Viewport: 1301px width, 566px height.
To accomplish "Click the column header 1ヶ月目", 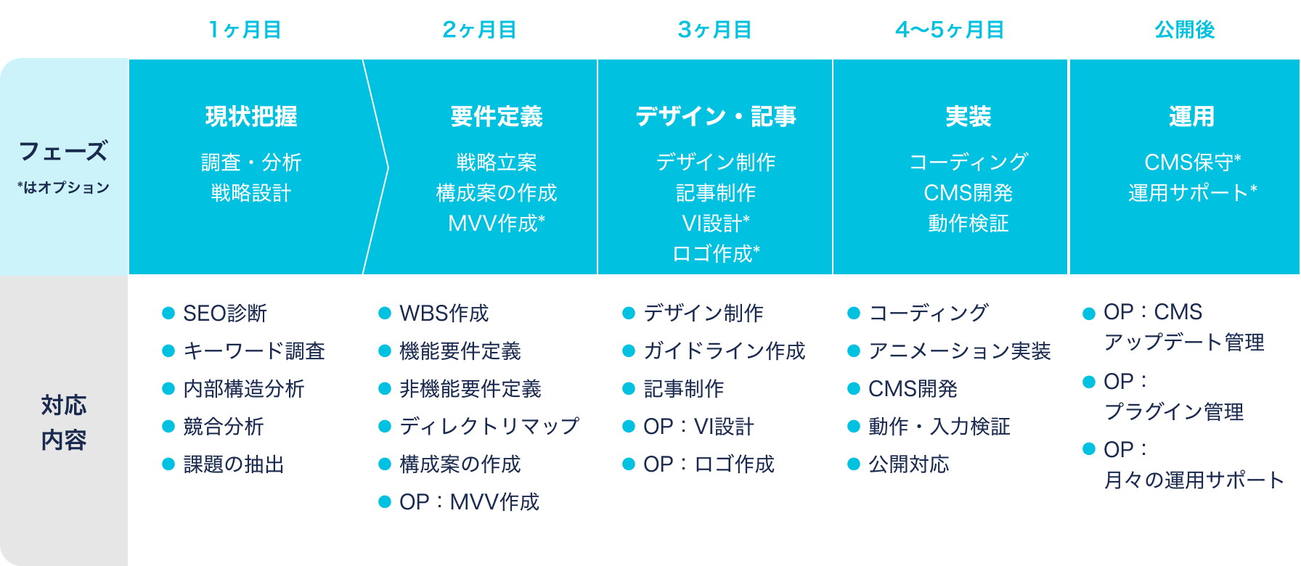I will click(245, 30).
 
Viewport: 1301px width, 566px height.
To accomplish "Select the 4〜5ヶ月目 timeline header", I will click(950, 30).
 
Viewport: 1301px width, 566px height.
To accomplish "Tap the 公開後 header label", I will click(1185, 30).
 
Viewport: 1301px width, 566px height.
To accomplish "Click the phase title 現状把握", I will click(251, 116).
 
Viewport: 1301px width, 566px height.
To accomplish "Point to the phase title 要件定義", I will click(497, 116).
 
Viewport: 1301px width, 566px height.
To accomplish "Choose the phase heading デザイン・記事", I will click(716, 116).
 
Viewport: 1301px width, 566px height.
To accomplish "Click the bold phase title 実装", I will click(968, 116).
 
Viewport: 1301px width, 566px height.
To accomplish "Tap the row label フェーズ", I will click(64, 151).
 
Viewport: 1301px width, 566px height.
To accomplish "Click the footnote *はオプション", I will click(64, 187).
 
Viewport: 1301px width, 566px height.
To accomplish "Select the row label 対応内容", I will click(64, 422).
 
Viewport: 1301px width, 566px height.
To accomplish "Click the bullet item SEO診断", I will click(225, 313).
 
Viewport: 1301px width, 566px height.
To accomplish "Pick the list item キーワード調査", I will click(254, 351).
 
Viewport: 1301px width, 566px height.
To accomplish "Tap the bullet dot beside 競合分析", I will click(168, 427).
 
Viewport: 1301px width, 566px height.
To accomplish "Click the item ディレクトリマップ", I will click(489, 427).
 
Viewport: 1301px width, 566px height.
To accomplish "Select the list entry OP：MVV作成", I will click(469, 502).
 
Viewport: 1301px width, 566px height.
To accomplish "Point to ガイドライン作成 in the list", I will click(725, 351).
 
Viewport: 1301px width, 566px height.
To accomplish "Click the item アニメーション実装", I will click(960, 351).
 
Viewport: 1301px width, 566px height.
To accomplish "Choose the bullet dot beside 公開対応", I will click(854, 464).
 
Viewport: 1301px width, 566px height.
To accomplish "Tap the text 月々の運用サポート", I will click(1194, 480).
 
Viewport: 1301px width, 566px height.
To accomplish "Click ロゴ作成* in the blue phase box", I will click(716, 253).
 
